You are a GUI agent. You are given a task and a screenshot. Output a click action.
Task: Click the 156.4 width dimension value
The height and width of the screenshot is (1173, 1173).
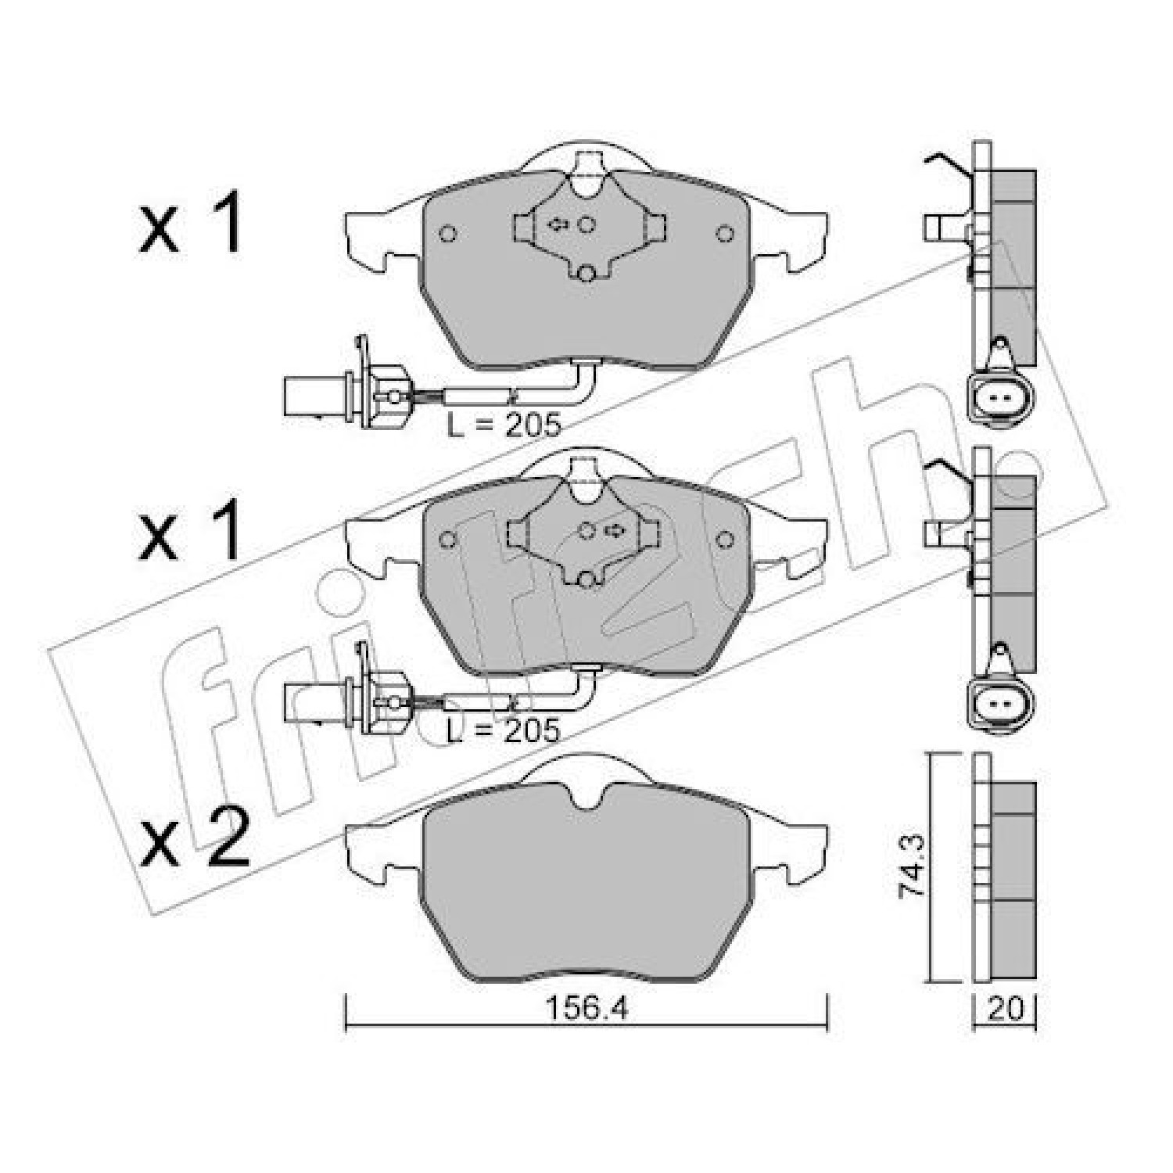click(x=586, y=1009)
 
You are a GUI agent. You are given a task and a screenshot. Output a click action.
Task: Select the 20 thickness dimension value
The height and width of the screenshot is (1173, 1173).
click(x=1006, y=1009)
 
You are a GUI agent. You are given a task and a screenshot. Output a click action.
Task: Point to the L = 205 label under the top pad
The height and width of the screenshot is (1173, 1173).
click(x=504, y=425)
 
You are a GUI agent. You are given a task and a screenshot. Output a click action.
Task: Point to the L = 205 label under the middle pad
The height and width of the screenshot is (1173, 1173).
click(x=504, y=730)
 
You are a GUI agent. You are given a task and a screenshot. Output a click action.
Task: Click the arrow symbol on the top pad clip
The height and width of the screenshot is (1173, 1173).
click(x=558, y=225)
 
